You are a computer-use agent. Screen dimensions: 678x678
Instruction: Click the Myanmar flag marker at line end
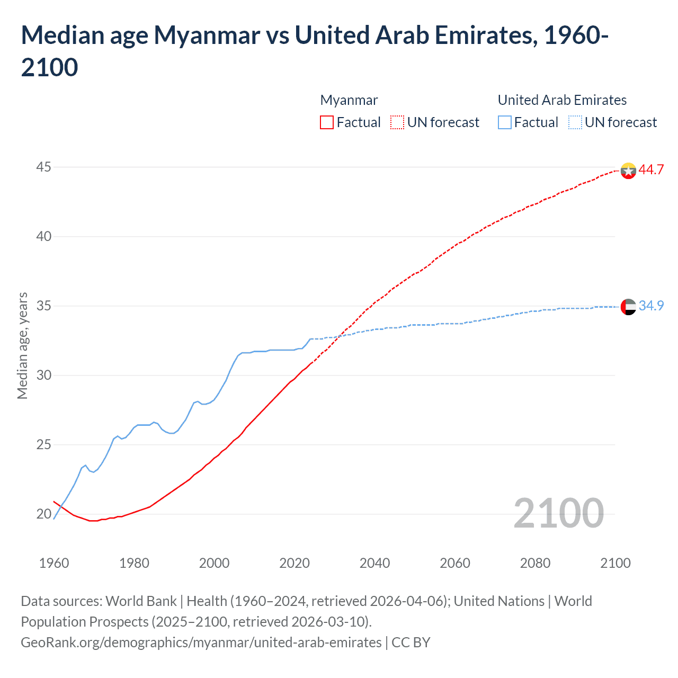click(x=628, y=171)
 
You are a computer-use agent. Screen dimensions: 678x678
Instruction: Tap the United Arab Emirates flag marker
click(x=628, y=307)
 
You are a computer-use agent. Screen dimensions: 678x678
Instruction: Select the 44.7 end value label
click(x=651, y=169)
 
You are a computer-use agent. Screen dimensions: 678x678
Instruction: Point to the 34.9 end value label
click(x=651, y=306)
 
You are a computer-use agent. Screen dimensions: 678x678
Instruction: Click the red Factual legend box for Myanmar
click(x=327, y=122)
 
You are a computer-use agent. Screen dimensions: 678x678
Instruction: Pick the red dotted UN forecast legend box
click(x=397, y=122)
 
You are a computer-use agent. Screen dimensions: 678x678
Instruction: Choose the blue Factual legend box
click(x=505, y=122)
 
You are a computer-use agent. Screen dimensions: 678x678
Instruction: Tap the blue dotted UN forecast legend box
click(x=575, y=122)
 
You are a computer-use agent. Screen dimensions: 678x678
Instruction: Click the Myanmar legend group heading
click(x=349, y=100)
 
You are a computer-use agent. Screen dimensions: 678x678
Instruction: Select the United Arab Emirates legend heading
click(x=562, y=100)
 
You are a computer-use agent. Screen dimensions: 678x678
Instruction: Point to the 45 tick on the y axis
click(x=43, y=167)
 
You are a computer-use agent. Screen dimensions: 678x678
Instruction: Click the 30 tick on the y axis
click(x=43, y=375)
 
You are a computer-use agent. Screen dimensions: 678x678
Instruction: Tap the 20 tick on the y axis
click(x=43, y=514)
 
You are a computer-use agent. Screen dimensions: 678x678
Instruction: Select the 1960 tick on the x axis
click(x=54, y=563)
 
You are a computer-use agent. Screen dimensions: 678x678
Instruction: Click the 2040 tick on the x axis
click(x=374, y=563)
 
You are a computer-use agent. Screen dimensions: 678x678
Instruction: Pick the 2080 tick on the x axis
click(x=535, y=563)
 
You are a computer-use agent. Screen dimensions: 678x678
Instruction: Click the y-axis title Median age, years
click(x=22, y=345)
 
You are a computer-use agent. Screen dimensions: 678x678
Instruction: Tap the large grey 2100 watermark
click(x=558, y=513)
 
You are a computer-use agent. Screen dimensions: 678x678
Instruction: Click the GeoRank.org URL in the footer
click(x=201, y=643)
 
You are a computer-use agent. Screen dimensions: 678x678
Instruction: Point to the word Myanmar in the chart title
click(x=207, y=35)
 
